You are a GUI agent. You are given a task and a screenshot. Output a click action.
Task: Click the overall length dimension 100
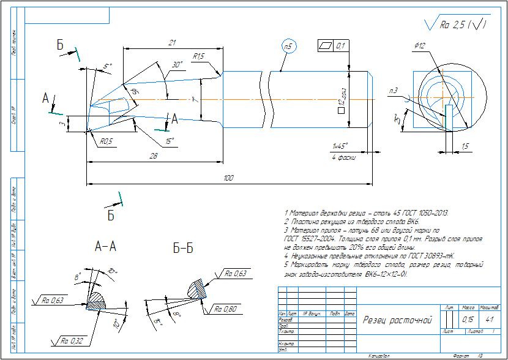tap(228, 178)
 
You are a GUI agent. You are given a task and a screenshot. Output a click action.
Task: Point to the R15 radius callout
tap(198, 56)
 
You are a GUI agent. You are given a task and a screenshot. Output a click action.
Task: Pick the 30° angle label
tap(177, 64)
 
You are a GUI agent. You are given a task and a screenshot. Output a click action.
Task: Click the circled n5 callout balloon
tap(289, 47)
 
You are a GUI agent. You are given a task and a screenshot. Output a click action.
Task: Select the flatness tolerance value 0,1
tap(340, 46)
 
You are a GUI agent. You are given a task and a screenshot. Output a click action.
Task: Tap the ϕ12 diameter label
tap(420, 45)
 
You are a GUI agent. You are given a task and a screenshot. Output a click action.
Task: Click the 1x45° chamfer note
tap(340, 146)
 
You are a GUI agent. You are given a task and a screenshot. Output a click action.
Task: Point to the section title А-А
tap(106, 247)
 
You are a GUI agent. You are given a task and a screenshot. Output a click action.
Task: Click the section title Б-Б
tap(183, 249)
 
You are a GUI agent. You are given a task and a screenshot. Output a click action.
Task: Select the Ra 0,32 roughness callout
tap(71, 340)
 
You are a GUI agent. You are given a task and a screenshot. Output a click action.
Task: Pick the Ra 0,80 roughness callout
tap(225, 309)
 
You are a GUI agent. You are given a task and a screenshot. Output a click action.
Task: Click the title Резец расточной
tap(398, 320)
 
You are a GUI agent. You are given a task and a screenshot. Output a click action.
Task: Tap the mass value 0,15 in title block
tap(468, 320)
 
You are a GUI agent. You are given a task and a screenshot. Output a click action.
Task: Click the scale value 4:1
tap(489, 320)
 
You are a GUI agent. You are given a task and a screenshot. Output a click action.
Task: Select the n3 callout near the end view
tap(393, 91)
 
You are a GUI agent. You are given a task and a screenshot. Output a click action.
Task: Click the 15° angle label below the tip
tap(170, 141)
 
